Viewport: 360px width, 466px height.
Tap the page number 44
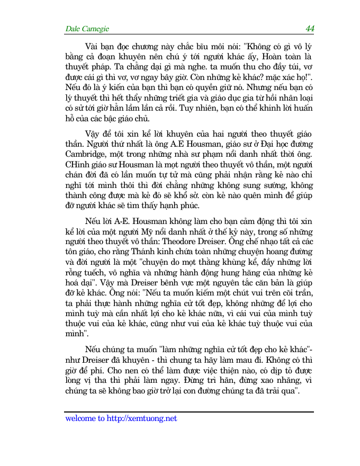coord(309,28)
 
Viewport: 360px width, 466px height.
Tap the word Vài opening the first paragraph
coord(93,46)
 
